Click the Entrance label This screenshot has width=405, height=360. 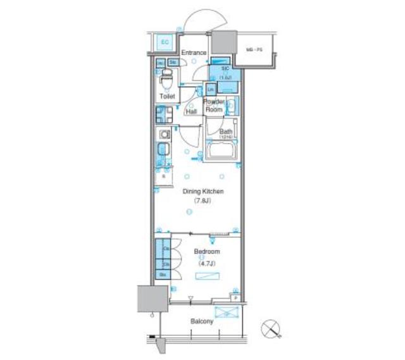(x=194, y=53)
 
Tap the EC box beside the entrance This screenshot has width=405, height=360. (x=165, y=42)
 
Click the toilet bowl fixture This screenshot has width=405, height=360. (x=167, y=82)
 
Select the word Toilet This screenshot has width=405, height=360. (x=167, y=97)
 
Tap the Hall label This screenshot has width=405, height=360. (x=191, y=111)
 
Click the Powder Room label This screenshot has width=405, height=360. (x=213, y=105)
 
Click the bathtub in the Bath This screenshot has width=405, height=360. (x=222, y=152)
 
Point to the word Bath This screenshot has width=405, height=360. (x=226, y=132)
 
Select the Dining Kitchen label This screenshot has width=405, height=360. (x=203, y=191)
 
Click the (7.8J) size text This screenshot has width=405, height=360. (x=203, y=201)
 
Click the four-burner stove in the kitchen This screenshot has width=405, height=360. (x=163, y=114)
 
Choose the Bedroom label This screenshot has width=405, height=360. (x=207, y=251)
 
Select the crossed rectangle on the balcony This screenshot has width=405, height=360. (x=227, y=312)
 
